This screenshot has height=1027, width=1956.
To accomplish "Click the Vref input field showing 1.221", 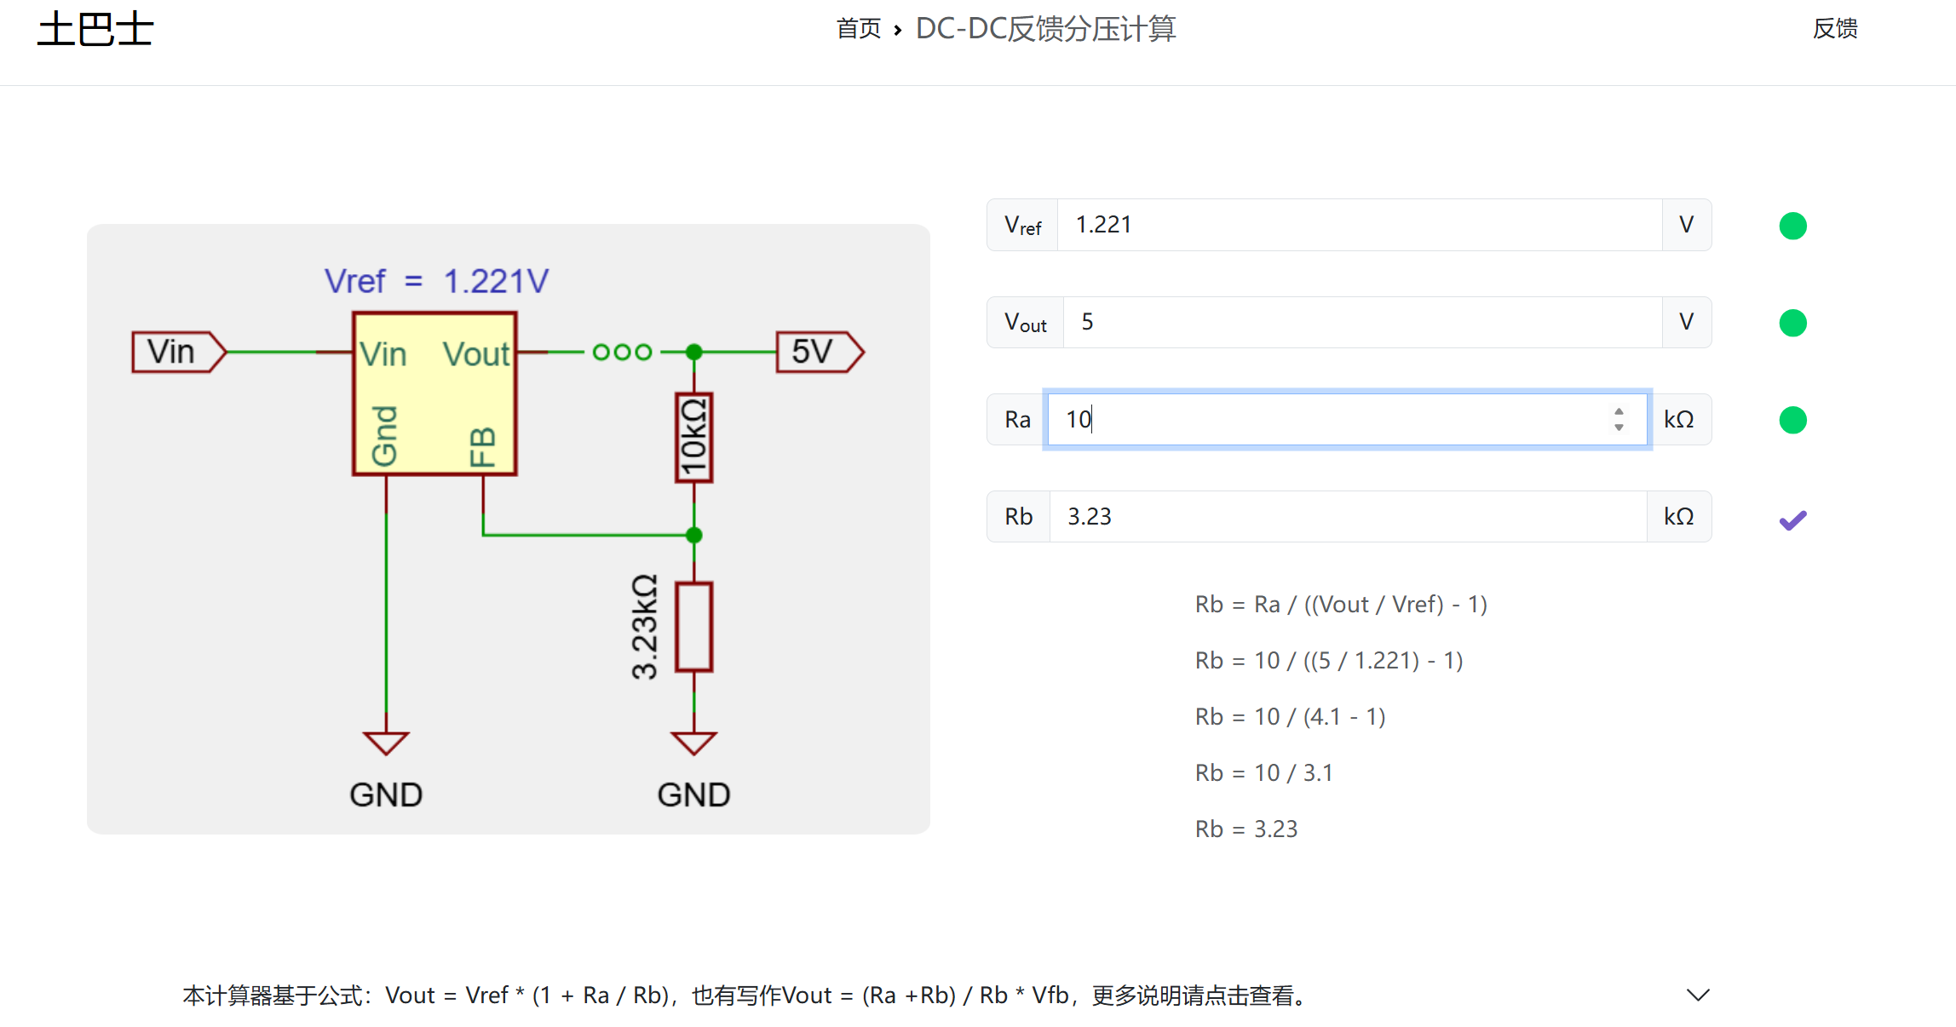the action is [x=1359, y=225].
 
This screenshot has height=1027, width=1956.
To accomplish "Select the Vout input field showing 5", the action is [x=1362, y=322].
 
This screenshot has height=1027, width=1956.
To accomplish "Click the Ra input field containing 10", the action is [x=1347, y=419].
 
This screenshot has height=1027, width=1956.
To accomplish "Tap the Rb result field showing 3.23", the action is [x=1348, y=516].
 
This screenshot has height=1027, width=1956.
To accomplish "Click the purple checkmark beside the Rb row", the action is [x=1792, y=519].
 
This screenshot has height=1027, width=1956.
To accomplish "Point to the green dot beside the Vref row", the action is [x=1792, y=226].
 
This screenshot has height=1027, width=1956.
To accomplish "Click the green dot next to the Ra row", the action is [x=1792, y=420].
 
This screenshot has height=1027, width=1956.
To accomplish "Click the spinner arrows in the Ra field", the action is [x=1619, y=419].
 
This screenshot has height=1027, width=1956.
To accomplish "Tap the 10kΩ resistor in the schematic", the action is [x=694, y=438].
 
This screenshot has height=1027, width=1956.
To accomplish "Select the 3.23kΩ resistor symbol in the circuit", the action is [x=694, y=627].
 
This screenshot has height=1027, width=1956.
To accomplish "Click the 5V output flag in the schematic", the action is [x=820, y=352].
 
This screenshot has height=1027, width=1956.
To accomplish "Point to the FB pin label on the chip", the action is [x=482, y=447].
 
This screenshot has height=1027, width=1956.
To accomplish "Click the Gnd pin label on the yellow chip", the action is [x=384, y=436].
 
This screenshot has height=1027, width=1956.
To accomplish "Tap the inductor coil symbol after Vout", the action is [x=623, y=352].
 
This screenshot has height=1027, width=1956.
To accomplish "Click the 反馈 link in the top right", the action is [x=1835, y=29].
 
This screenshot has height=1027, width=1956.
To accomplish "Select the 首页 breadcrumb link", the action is [x=859, y=29].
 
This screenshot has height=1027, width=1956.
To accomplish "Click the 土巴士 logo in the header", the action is [x=95, y=29].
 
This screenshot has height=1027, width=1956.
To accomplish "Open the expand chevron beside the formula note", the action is [x=1698, y=995].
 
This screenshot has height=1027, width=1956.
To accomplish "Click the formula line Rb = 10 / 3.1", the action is [x=1263, y=772].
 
